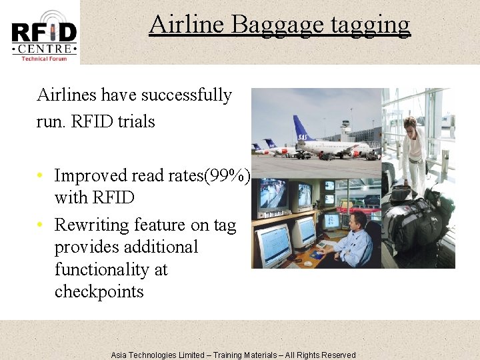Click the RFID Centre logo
click(x=43, y=33)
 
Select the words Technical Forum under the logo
click(x=44, y=59)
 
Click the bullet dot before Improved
click(x=41, y=176)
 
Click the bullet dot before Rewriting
click(x=41, y=225)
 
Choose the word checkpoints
click(x=99, y=292)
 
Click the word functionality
click(x=111, y=269)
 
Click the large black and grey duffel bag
click(x=413, y=220)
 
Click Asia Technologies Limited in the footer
click(x=157, y=355)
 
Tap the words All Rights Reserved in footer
click(x=320, y=355)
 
